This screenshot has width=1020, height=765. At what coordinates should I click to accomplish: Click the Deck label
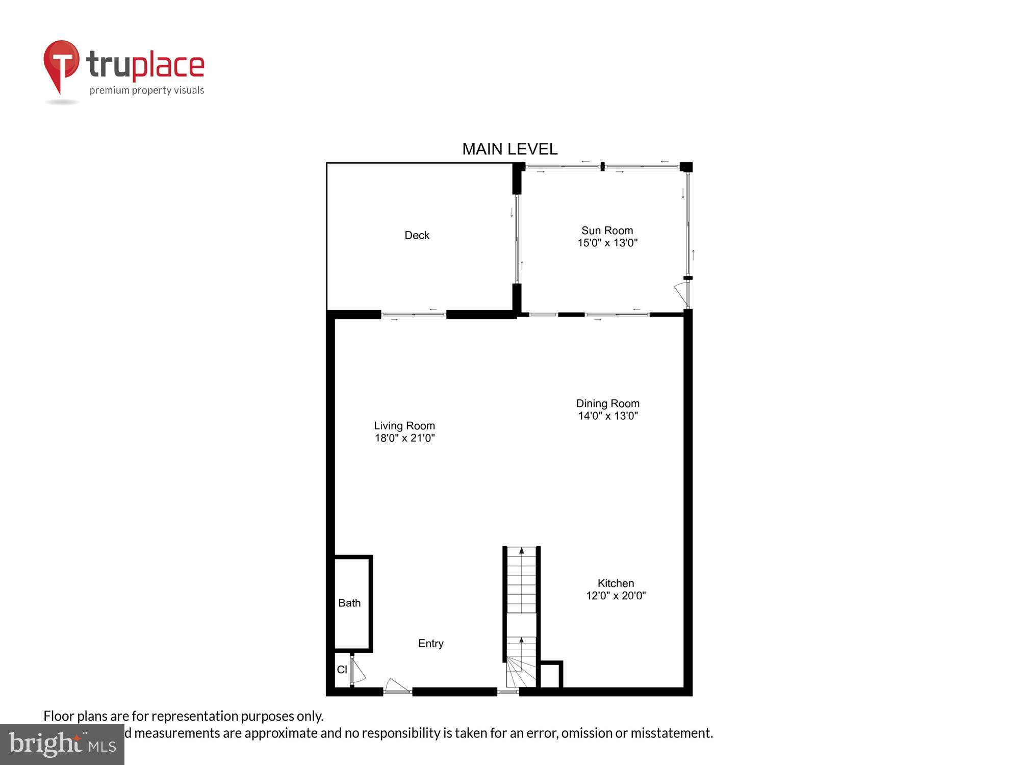click(417, 235)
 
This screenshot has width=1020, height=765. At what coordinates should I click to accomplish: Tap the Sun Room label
click(607, 231)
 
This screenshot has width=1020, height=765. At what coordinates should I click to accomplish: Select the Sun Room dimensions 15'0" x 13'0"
click(607, 243)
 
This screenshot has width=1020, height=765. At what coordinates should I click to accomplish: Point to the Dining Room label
click(607, 403)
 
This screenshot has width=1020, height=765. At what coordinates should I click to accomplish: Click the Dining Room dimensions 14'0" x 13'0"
click(607, 416)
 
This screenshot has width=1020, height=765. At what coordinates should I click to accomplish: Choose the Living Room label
click(404, 425)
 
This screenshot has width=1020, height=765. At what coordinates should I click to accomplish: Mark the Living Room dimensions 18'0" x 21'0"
click(404, 438)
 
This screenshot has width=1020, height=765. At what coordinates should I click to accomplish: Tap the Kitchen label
click(616, 583)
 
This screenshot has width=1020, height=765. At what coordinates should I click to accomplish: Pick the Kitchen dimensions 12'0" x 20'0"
click(616, 595)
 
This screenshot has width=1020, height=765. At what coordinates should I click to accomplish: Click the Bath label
click(349, 603)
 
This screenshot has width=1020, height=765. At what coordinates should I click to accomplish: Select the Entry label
click(430, 643)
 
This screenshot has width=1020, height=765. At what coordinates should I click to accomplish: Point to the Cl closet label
click(342, 670)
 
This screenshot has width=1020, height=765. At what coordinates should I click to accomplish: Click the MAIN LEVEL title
click(509, 149)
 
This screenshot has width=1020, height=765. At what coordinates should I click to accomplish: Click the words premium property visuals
click(147, 91)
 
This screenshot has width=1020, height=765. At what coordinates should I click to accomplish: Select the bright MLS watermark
click(62, 745)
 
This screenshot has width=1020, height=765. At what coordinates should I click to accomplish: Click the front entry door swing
click(397, 686)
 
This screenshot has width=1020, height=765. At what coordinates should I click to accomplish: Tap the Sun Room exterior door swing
click(681, 294)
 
